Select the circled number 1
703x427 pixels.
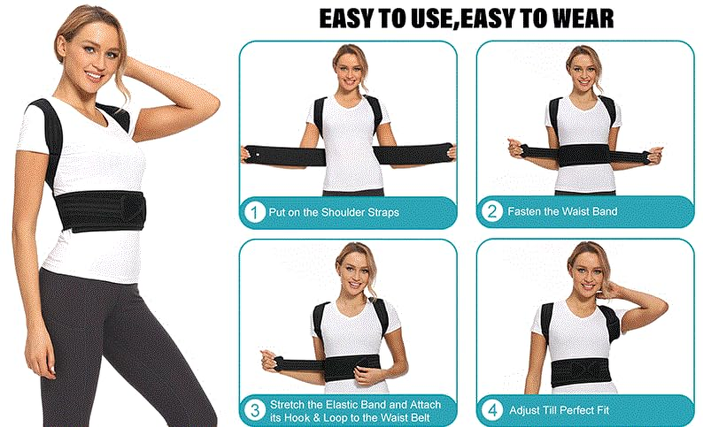(x=255, y=212)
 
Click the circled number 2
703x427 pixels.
(x=492, y=212)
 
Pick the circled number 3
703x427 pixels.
(x=255, y=411)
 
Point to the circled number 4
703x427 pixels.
(x=492, y=410)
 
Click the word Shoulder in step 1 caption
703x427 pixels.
(x=343, y=212)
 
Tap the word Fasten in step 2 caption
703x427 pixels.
(x=524, y=211)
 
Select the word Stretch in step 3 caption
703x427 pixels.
(x=288, y=405)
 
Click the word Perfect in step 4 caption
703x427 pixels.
(x=569, y=410)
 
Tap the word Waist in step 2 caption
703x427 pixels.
(x=575, y=211)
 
